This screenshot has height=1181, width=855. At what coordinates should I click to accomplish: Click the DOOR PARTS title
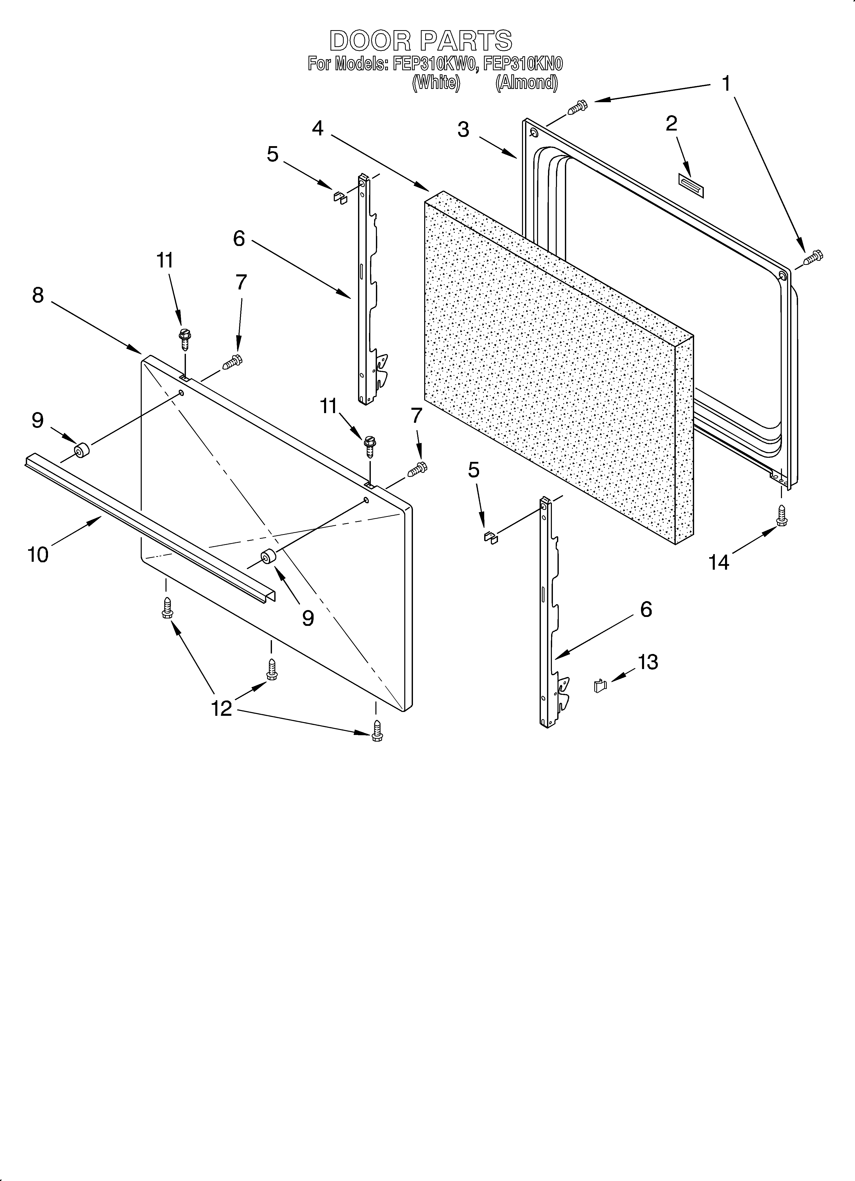(x=421, y=41)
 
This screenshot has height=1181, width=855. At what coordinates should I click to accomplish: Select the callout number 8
(x=38, y=295)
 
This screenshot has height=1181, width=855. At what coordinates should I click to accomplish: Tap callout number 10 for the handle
(x=38, y=555)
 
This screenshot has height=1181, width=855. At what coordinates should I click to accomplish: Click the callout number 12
(x=221, y=708)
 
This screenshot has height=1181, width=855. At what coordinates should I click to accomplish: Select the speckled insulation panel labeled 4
(x=552, y=370)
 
